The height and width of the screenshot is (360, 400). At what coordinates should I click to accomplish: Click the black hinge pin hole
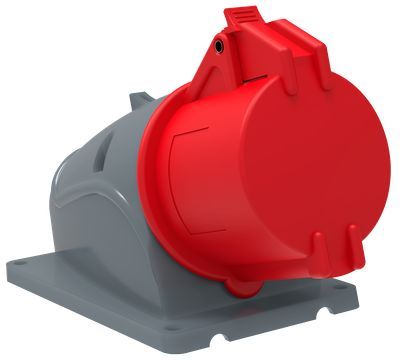[218, 46]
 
